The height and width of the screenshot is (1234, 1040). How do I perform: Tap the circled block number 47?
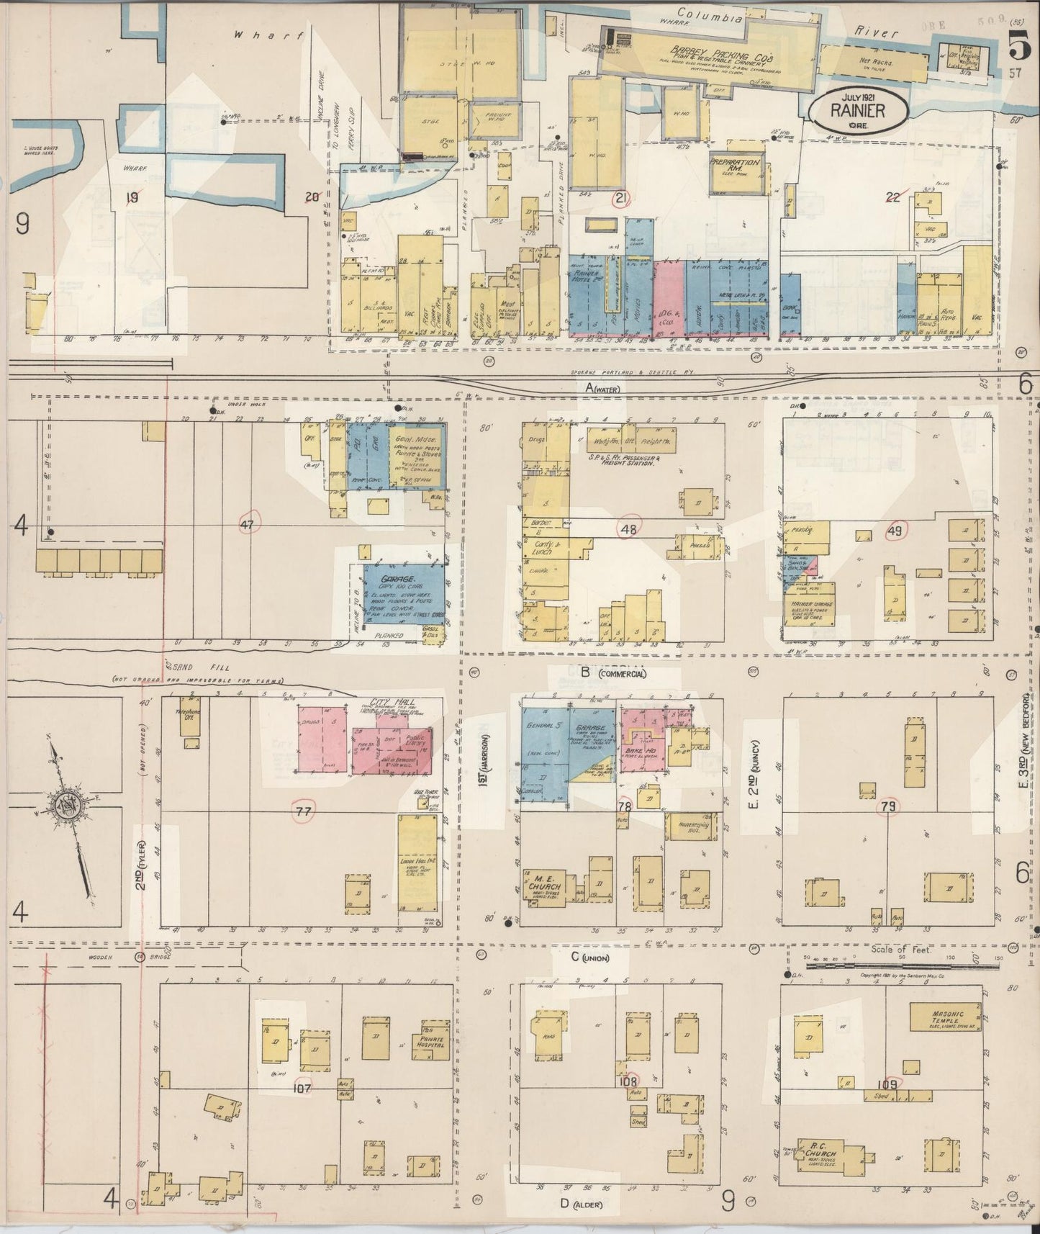(248, 525)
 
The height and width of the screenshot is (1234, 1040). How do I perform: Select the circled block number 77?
(304, 812)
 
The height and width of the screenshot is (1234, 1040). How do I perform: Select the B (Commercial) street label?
(612, 673)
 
